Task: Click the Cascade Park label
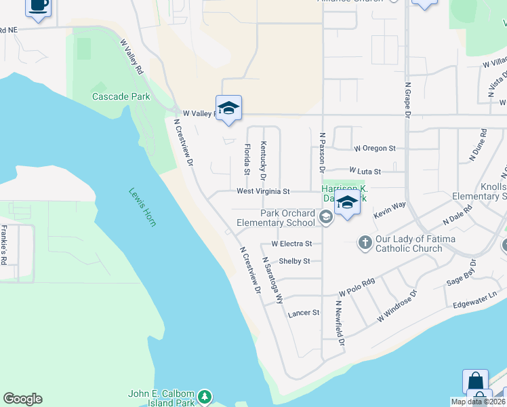121,96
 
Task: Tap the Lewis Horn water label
142,207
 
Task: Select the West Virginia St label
263,192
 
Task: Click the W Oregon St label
375,148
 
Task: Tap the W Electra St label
291,243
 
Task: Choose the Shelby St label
294,261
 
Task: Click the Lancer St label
303,313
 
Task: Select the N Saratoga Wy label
273,280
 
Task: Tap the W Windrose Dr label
397,305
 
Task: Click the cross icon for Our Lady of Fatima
365,243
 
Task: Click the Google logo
22,399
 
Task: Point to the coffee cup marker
38,7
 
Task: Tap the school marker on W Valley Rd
228,109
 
